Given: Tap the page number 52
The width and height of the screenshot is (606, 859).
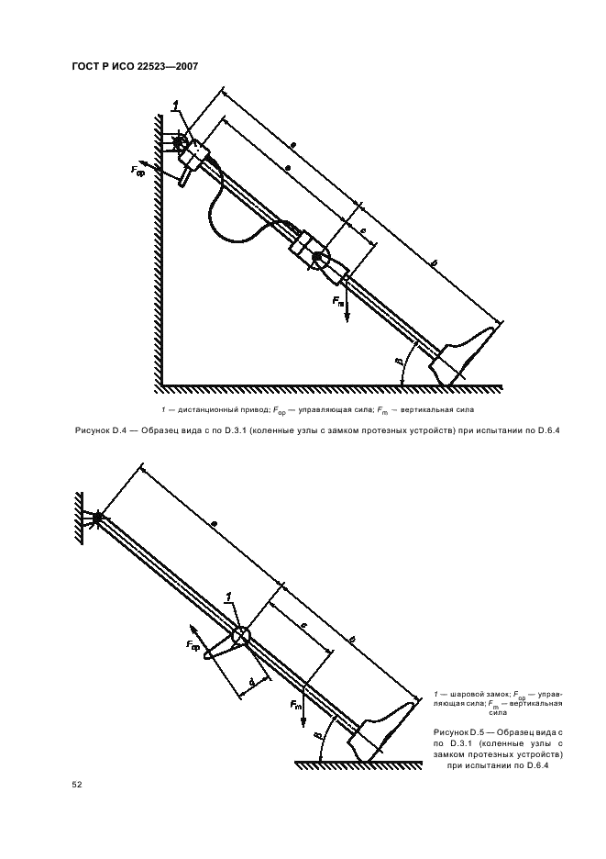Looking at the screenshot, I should point(77,785).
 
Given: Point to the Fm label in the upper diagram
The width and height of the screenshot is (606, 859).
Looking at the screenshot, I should point(339,300).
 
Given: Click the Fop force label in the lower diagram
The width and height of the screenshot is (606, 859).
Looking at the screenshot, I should point(193,645).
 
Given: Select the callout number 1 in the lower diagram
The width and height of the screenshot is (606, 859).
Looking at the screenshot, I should point(229,597).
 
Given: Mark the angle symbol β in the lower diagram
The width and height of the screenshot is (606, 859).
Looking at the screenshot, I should point(317,736).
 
